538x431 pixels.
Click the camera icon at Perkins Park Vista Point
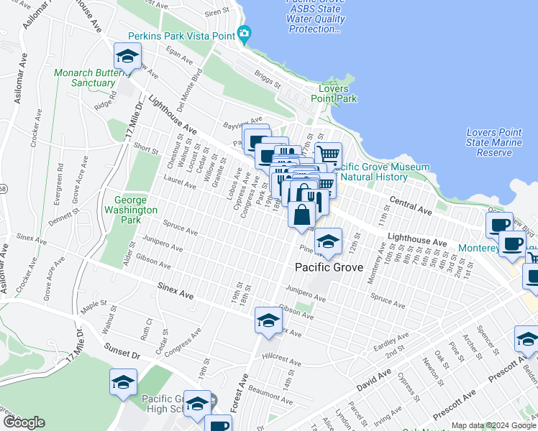(244, 33)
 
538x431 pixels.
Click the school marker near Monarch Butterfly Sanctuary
(127, 56)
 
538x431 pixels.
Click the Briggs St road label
(268, 77)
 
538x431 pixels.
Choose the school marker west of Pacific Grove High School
(124, 382)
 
